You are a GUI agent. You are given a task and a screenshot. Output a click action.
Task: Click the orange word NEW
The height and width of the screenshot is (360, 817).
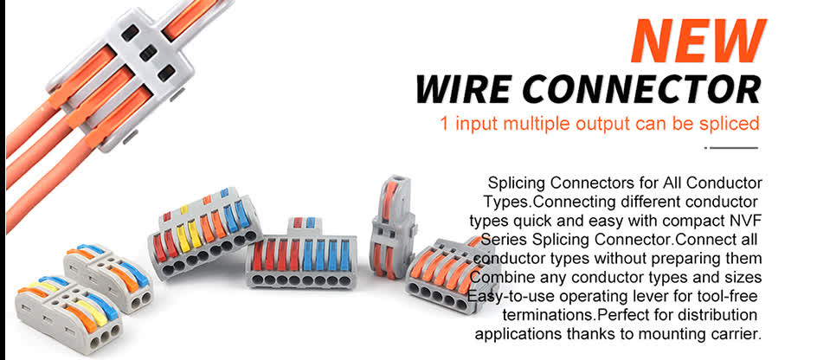(x=698, y=41)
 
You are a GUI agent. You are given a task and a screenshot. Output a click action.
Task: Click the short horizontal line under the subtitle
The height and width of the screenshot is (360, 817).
(x=731, y=148)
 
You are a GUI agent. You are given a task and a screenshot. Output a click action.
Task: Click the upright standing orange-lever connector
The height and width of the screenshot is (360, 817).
(x=394, y=226)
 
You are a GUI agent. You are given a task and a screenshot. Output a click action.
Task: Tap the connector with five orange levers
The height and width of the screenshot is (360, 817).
(x=449, y=271)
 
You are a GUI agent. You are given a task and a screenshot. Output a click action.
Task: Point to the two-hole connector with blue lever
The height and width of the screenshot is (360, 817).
(x=108, y=277)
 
